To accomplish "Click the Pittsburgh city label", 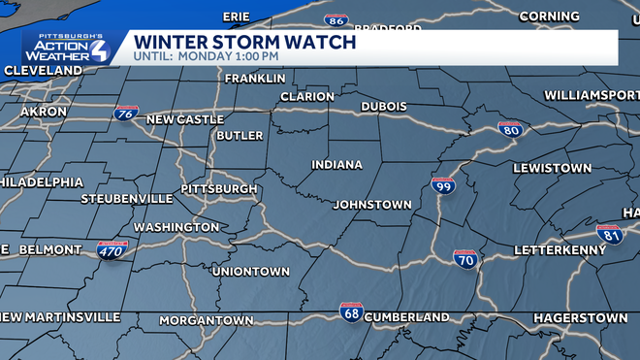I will click(x=219, y=188).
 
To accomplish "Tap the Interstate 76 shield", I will click(x=125, y=114).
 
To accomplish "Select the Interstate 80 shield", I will click(x=511, y=128).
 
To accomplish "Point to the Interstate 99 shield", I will click(x=443, y=184).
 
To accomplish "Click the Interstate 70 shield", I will click(x=464, y=259).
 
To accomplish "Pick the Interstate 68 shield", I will click(x=351, y=312).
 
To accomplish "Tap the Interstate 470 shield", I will click(x=111, y=250).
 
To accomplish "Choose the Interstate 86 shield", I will click(x=337, y=20).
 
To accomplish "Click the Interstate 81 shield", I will click(x=610, y=233).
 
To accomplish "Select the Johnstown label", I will click(x=372, y=205).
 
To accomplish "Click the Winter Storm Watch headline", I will click(x=244, y=43).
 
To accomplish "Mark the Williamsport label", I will click(x=591, y=95).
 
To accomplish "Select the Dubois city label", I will click(x=383, y=106).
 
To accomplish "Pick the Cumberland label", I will click(x=408, y=317).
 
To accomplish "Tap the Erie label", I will click(x=236, y=16).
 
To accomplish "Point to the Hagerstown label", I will click(x=581, y=317).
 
